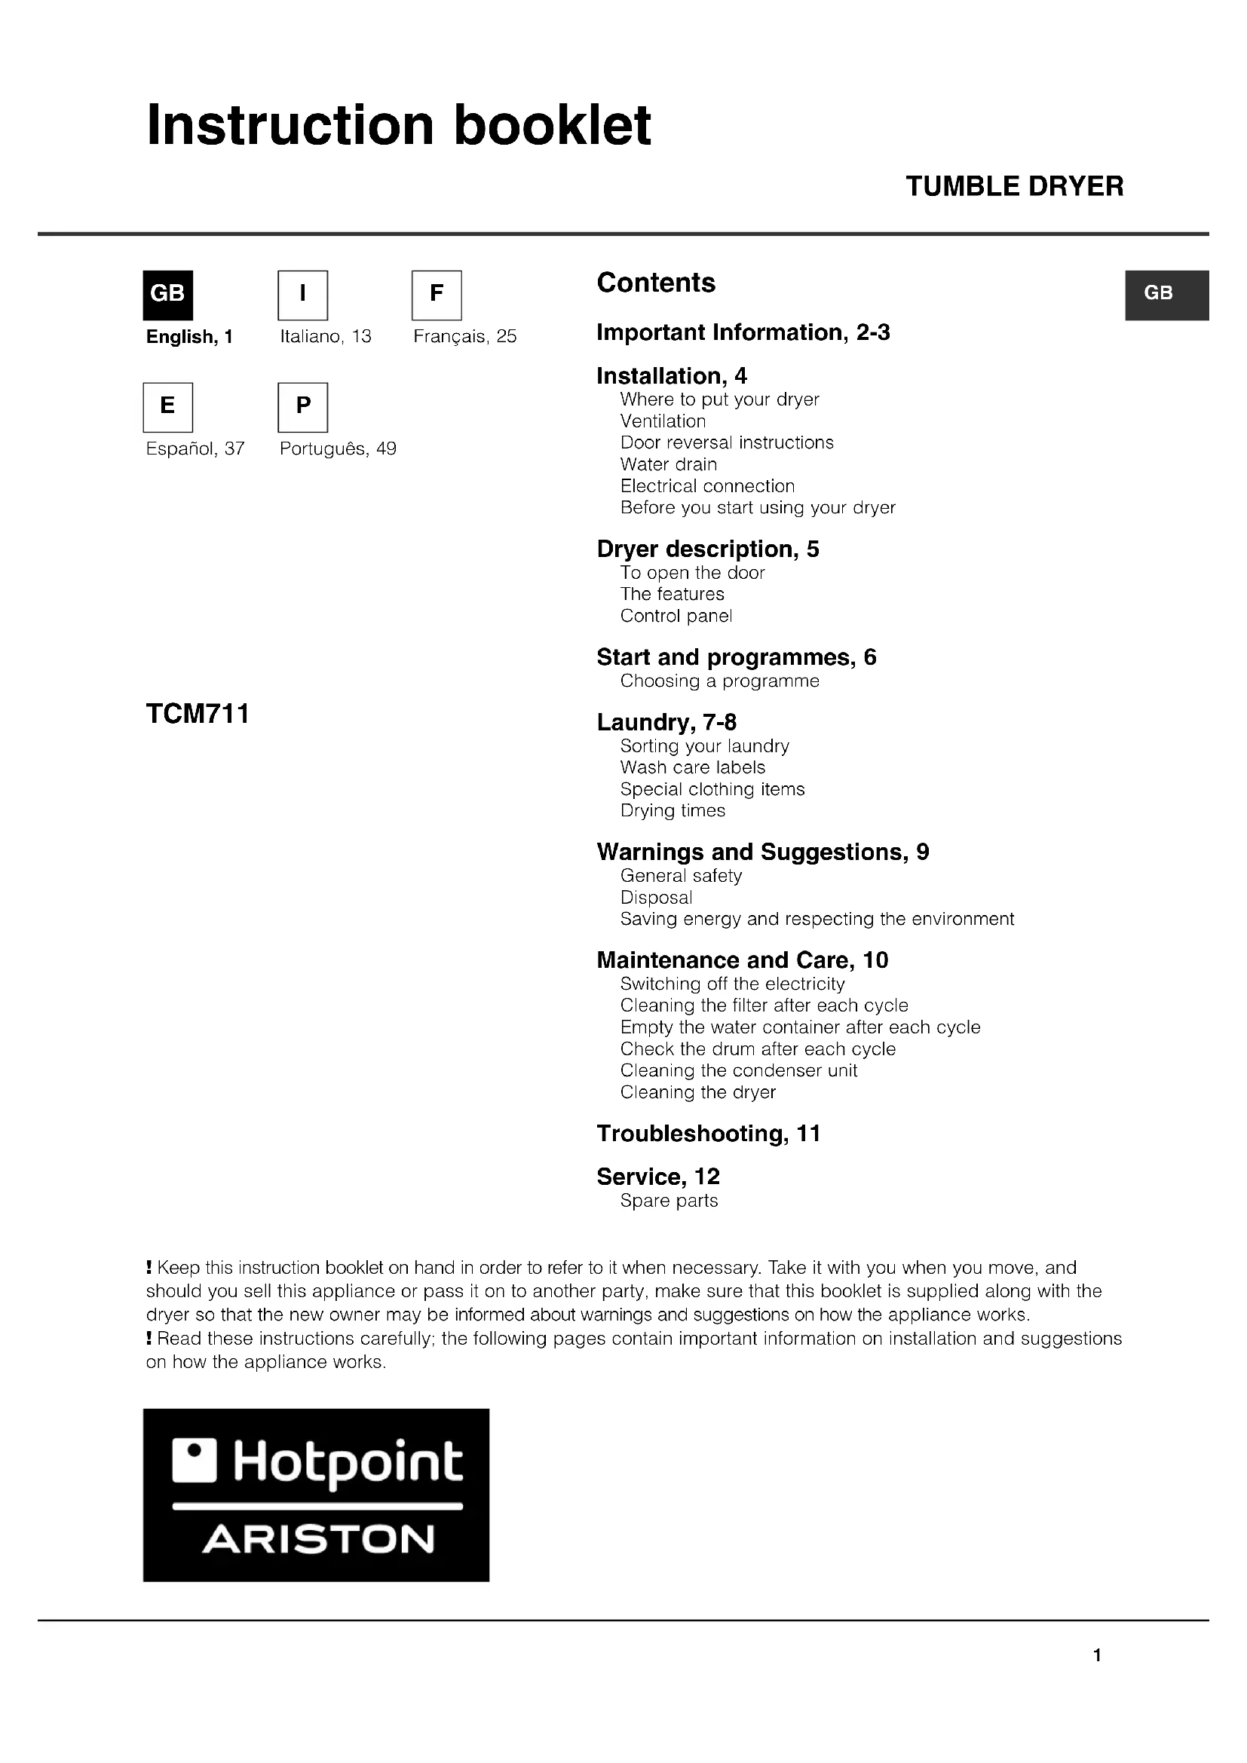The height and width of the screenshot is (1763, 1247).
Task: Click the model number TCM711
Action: tap(198, 714)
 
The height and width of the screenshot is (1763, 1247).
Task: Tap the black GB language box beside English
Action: tap(167, 295)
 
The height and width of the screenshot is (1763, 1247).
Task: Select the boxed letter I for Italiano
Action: tap(302, 295)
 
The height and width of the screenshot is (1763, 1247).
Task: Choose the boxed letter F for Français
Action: tap(436, 295)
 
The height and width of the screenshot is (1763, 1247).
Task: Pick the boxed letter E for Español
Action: tap(167, 407)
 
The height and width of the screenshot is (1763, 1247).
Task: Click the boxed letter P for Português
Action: tap(302, 407)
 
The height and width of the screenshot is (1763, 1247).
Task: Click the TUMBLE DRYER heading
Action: tap(1014, 187)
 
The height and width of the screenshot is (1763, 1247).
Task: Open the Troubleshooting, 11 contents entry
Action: tap(708, 1134)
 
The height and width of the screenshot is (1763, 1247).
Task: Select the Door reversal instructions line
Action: tap(726, 443)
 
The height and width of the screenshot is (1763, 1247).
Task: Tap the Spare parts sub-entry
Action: tap(669, 1201)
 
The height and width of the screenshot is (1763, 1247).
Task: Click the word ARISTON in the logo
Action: tap(318, 1540)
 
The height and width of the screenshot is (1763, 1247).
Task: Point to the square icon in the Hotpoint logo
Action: tap(195, 1461)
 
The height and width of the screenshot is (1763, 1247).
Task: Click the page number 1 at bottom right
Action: tap(1097, 1655)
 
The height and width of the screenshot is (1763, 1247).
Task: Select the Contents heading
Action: tap(656, 283)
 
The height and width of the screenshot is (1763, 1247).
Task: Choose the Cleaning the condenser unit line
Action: tap(739, 1070)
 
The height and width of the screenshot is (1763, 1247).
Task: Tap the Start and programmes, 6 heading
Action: tap(736, 657)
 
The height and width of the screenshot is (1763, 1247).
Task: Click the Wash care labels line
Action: tap(693, 768)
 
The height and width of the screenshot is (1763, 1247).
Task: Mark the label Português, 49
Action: tap(338, 449)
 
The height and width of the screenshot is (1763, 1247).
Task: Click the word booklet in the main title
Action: tap(552, 125)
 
